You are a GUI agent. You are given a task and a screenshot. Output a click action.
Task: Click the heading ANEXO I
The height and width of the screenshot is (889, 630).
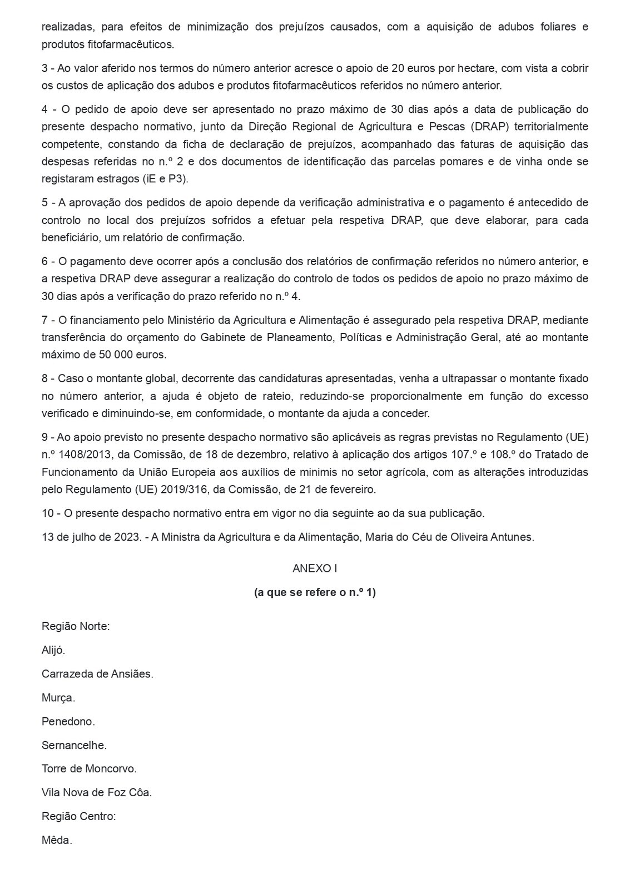click(x=315, y=568)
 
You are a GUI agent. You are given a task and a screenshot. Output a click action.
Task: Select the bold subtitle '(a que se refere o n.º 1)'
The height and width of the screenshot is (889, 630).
click(x=315, y=592)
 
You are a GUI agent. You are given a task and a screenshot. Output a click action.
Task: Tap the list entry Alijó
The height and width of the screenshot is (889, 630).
click(x=53, y=650)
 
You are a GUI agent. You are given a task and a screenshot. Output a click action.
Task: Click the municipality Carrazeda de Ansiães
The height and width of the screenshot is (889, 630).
click(x=97, y=673)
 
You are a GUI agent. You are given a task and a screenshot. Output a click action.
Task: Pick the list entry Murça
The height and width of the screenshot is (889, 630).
click(x=58, y=697)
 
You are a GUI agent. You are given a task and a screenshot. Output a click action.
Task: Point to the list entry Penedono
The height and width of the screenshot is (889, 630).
click(x=68, y=721)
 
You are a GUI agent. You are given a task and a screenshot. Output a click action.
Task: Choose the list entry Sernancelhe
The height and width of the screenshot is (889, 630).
click(x=74, y=745)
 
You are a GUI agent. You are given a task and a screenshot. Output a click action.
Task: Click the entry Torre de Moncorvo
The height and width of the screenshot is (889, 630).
click(x=89, y=769)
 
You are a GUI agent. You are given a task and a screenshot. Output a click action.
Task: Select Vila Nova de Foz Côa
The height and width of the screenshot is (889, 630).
click(x=97, y=793)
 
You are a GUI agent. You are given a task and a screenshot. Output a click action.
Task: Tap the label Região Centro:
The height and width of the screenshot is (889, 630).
click(x=79, y=817)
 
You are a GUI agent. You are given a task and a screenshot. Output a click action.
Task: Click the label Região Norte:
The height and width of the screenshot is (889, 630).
click(x=76, y=626)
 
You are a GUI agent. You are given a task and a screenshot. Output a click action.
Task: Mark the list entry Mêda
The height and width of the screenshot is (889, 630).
click(x=57, y=841)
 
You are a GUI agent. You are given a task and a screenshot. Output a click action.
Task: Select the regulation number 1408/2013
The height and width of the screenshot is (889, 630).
click(x=83, y=455)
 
